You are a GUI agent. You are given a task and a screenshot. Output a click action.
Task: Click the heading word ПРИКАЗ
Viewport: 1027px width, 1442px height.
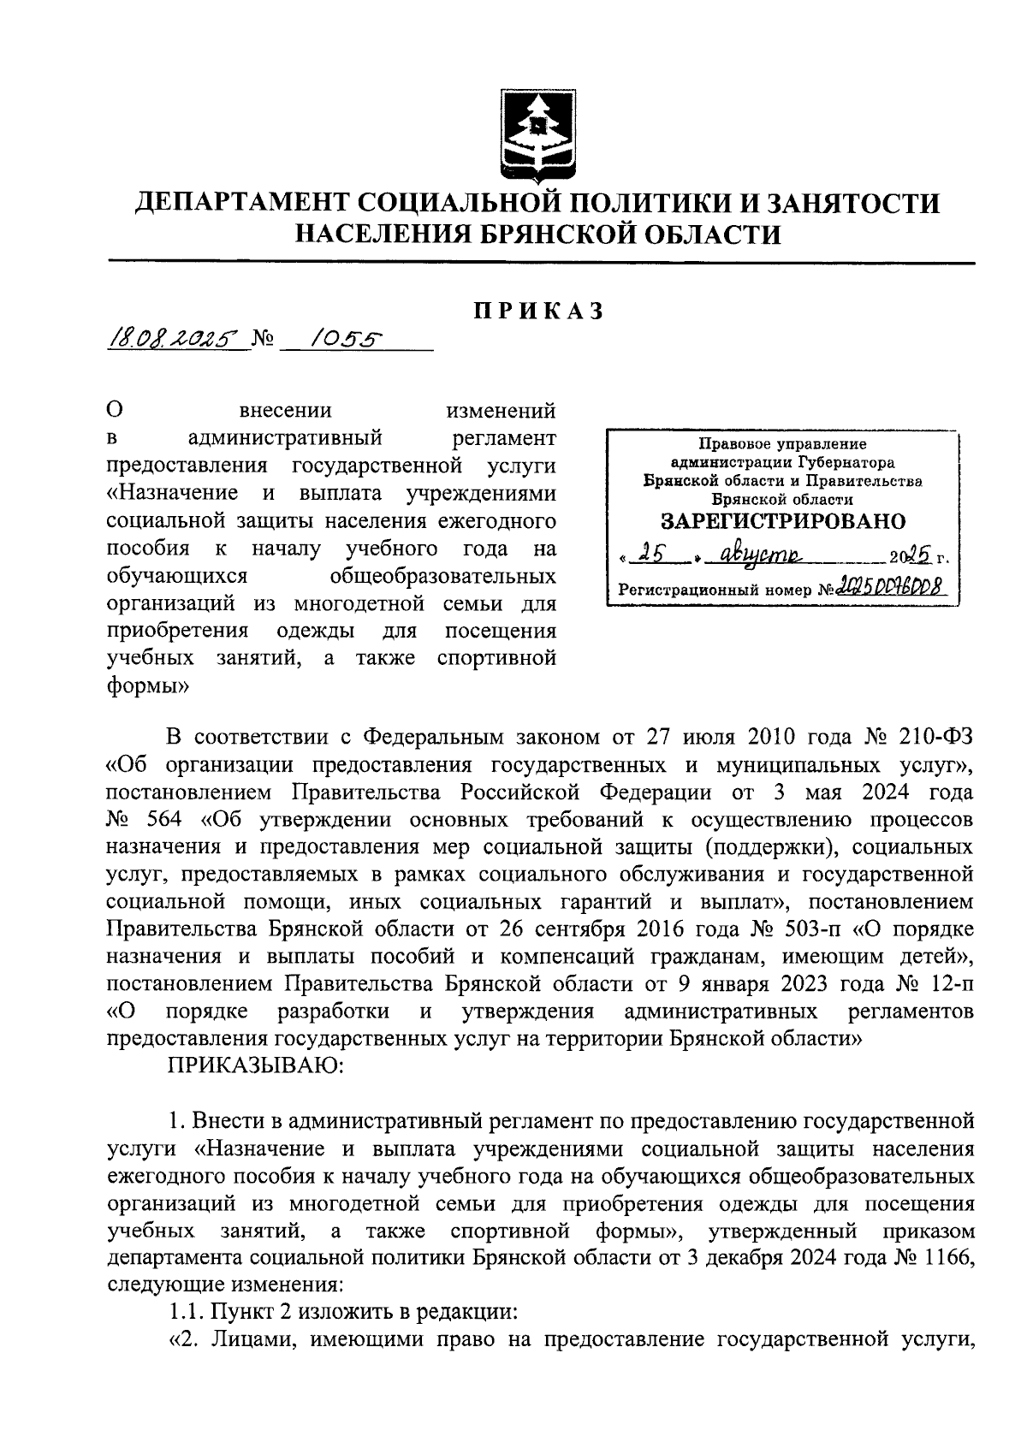pyautogui.click(x=540, y=311)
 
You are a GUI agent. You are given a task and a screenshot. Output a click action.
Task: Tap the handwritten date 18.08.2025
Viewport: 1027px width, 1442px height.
pyautogui.click(x=171, y=341)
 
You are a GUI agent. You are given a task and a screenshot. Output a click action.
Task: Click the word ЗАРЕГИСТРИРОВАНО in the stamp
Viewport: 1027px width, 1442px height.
pyautogui.click(x=782, y=521)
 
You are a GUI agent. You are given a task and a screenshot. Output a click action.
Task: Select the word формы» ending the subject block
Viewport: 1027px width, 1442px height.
pyautogui.click(x=148, y=685)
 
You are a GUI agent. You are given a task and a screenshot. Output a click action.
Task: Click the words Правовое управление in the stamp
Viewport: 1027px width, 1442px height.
pyautogui.click(x=782, y=443)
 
